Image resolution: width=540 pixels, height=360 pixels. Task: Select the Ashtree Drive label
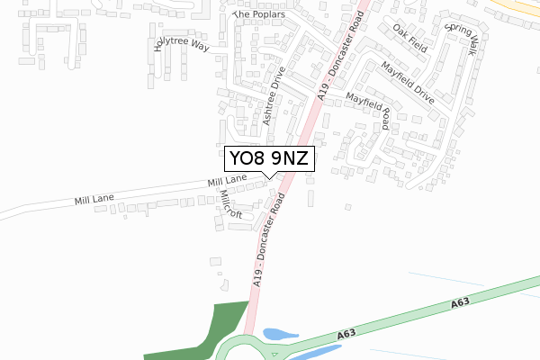(x=273, y=95)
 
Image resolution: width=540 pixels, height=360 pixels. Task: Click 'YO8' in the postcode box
(x=247, y=159)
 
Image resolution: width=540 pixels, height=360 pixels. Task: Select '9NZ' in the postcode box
(x=291, y=159)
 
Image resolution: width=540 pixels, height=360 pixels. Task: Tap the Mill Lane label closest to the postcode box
(x=227, y=182)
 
